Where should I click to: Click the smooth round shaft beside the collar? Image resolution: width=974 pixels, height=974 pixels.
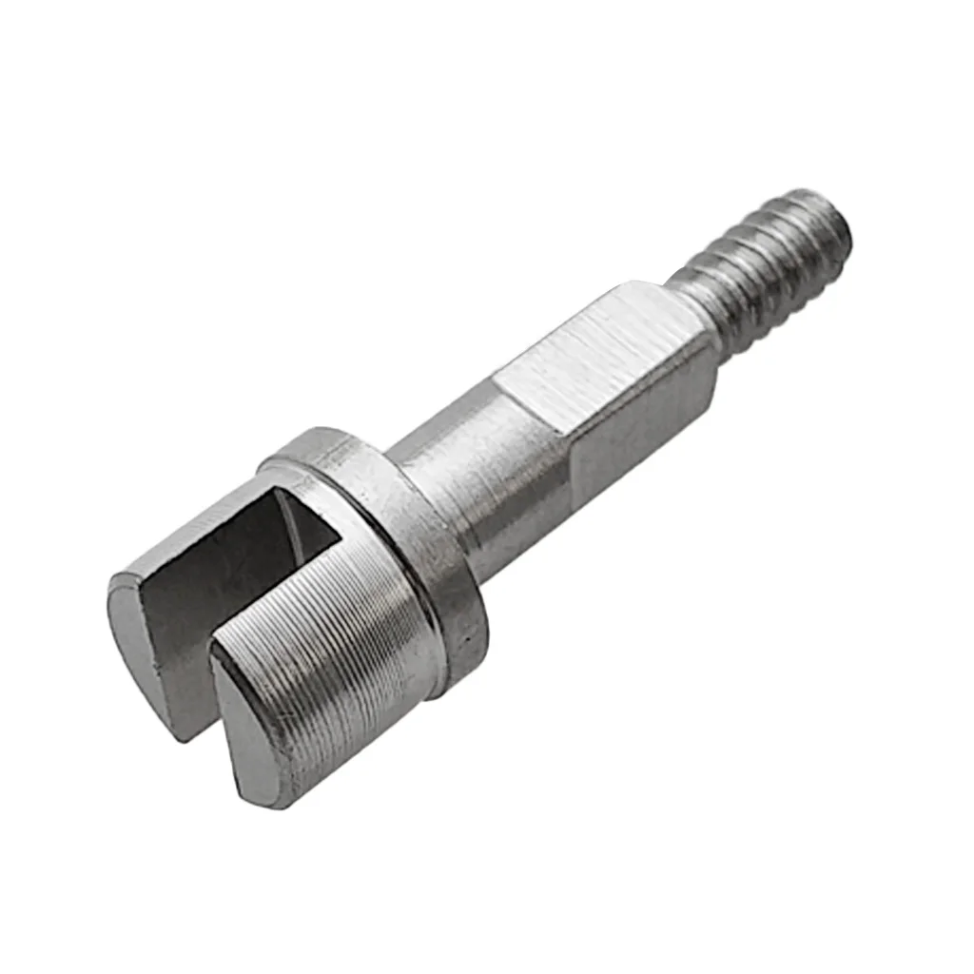(476, 495)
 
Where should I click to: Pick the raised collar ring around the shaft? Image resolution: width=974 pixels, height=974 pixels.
(399, 533)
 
